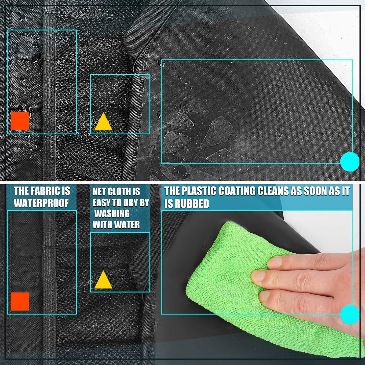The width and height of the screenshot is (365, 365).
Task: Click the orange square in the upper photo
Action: (20, 121)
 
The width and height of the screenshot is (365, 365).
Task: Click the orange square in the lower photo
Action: (20, 301)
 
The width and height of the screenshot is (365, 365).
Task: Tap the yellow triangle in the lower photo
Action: (103, 281)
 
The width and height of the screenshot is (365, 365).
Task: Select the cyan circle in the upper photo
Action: (350, 162)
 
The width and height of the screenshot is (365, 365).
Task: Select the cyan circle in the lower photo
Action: (350, 314)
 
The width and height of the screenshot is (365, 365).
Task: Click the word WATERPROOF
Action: (41, 203)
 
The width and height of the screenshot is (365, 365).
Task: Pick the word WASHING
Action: (112, 214)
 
